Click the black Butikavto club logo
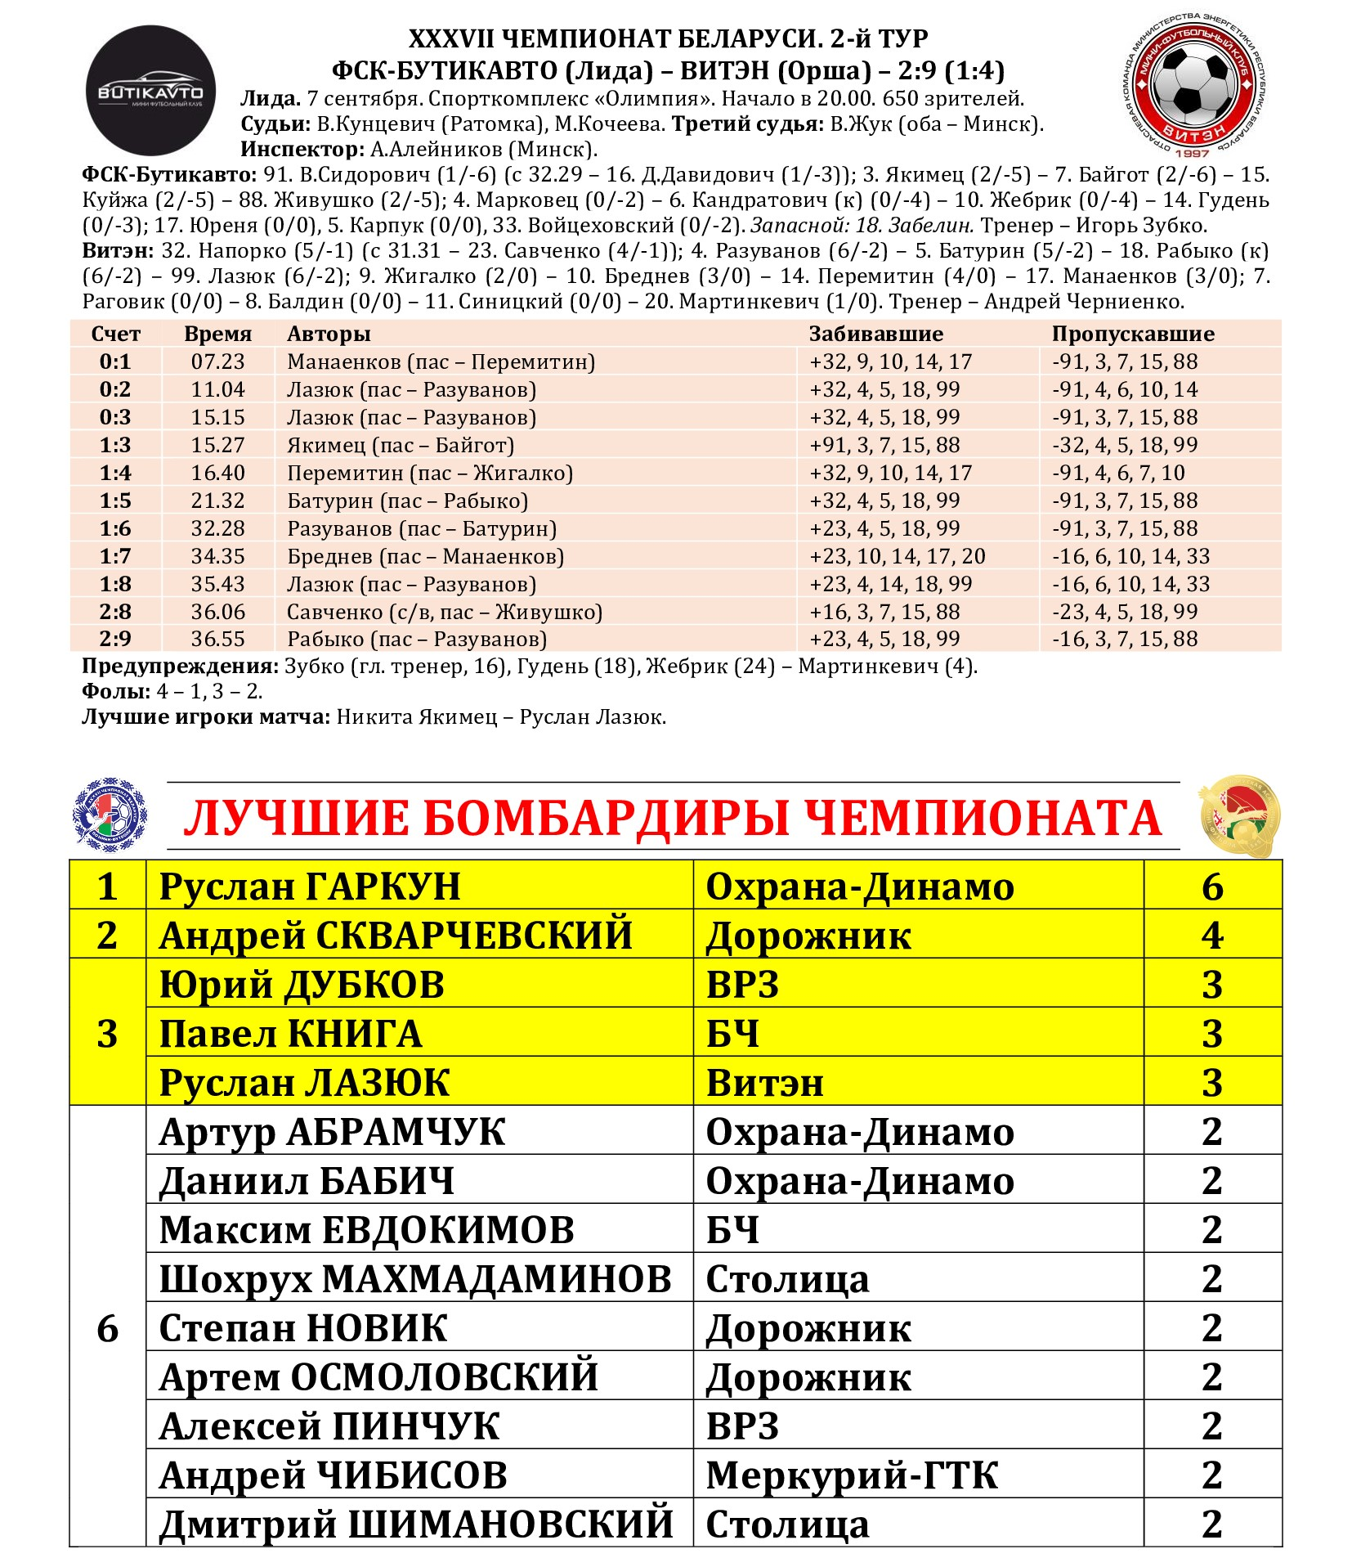click(151, 90)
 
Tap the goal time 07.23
click(217, 361)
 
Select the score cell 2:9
click(115, 639)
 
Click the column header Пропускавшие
click(1132, 334)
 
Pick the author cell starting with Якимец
click(401, 445)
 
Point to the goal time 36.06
click(217, 612)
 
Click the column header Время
click(217, 334)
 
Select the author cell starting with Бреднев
click(425, 556)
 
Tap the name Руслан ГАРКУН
click(310, 887)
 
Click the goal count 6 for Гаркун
click(1211, 887)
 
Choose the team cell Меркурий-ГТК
click(852, 1475)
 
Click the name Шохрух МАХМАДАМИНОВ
click(415, 1279)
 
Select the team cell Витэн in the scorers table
click(764, 1083)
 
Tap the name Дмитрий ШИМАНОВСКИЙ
click(416, 1524)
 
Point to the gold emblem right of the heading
click(1238, 817)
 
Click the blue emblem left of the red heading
click(111, 815)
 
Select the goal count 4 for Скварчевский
click(1211, 936)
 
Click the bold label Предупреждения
click(180, 666)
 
